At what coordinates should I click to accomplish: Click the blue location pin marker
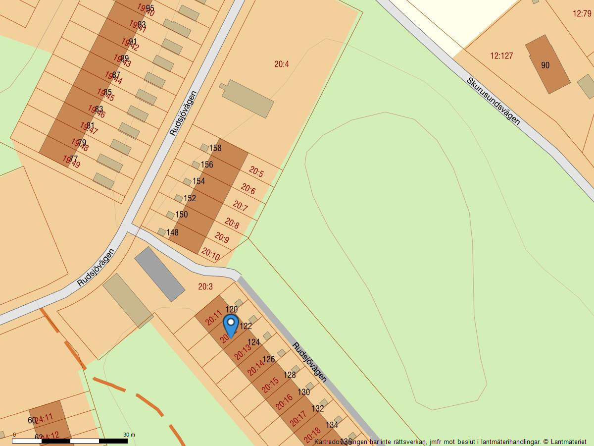231,325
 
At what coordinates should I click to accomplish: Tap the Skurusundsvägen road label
493,101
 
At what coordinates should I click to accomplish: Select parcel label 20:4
282,64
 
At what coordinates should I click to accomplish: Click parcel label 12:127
501,56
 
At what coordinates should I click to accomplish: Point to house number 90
545,65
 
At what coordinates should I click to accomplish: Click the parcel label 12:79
582,13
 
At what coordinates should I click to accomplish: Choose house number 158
215,148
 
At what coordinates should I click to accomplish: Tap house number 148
172,232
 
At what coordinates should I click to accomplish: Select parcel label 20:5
256,172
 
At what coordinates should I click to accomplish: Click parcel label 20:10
210,255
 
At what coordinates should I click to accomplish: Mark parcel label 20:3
205,286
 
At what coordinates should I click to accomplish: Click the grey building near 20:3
159,274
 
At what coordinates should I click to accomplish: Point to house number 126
269,359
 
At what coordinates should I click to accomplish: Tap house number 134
332,425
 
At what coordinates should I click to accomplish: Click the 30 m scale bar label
129,435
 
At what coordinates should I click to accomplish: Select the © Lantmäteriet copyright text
565,441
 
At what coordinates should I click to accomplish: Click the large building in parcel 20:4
247,99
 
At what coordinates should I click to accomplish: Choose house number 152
190,198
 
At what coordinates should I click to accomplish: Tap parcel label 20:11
213,318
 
